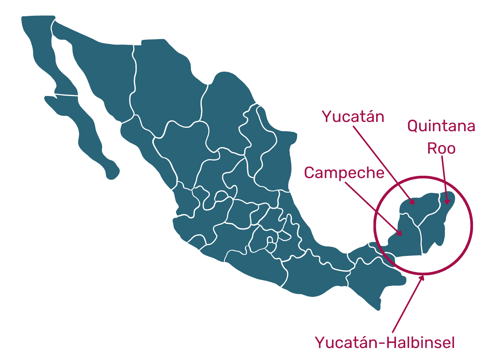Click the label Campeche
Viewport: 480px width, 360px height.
coord(344,173)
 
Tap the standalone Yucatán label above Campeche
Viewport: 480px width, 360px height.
coord(353,116)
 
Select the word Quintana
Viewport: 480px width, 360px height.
coord(441,126)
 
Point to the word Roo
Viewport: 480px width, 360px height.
coord(441,149)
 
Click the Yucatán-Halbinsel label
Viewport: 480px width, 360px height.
coord(384,343)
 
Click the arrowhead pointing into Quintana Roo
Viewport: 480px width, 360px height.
coord(447,201)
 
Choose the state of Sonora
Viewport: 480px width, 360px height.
coord(97,66)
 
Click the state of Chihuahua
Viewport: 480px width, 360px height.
coord(163,81)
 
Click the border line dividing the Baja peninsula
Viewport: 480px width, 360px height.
coord(66,94)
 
